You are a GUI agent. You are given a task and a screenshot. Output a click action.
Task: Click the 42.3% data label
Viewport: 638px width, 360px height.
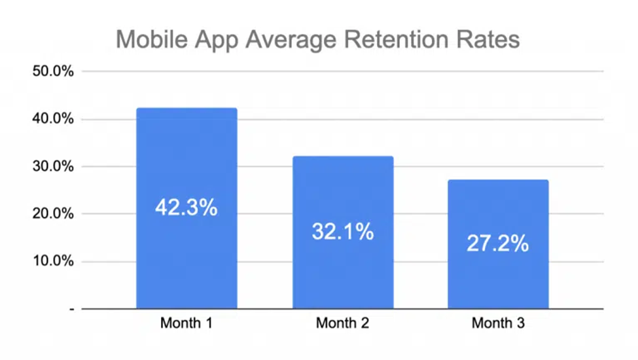click(x=186, y=208)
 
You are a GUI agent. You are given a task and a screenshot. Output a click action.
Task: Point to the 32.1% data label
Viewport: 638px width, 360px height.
click(x=343, y=231)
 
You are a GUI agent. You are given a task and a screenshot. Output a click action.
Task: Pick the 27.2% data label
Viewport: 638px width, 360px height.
click(x=498, y=243)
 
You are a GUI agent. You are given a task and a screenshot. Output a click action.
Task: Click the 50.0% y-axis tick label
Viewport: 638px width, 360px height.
click(x=53, y=71)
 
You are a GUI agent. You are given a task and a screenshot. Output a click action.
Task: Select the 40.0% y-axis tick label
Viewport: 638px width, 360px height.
click(x=53, y=119)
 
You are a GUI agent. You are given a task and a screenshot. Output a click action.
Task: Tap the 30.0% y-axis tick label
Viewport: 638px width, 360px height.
click(x=53, y=166)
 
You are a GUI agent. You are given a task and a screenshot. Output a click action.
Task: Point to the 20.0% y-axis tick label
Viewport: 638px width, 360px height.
click(x=53, y=214)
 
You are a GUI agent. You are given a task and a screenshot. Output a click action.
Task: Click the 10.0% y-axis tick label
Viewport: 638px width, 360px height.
click(x=53, y=261)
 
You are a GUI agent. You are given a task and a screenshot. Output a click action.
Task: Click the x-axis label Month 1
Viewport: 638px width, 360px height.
click(x=186, y=323)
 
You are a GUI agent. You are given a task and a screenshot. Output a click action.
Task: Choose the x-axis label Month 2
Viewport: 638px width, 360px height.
click(x=342, y=323)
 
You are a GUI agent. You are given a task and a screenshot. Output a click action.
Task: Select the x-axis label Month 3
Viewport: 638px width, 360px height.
click(x=498, y=323)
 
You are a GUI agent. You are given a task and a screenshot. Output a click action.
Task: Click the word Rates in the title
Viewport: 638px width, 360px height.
click(x=488, y=39)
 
